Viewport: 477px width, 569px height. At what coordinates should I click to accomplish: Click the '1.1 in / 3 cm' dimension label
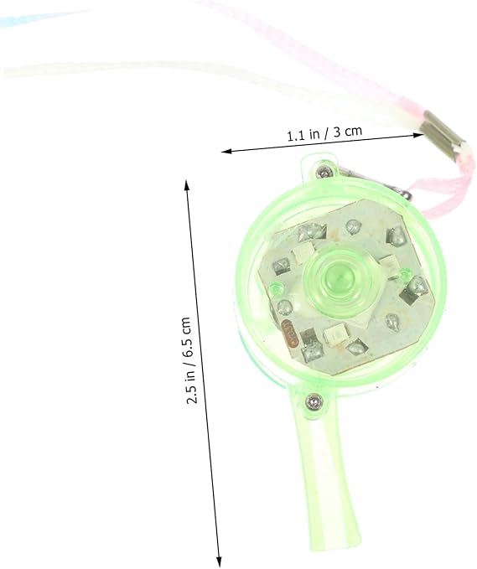[324, 132]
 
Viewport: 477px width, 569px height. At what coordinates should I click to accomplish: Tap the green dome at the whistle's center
[336, 279]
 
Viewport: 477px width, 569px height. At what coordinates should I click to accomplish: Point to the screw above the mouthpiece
[314, 401]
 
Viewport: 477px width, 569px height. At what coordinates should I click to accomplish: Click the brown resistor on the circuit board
[291, 332]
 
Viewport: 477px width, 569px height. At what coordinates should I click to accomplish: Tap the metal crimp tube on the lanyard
[443, 136]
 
